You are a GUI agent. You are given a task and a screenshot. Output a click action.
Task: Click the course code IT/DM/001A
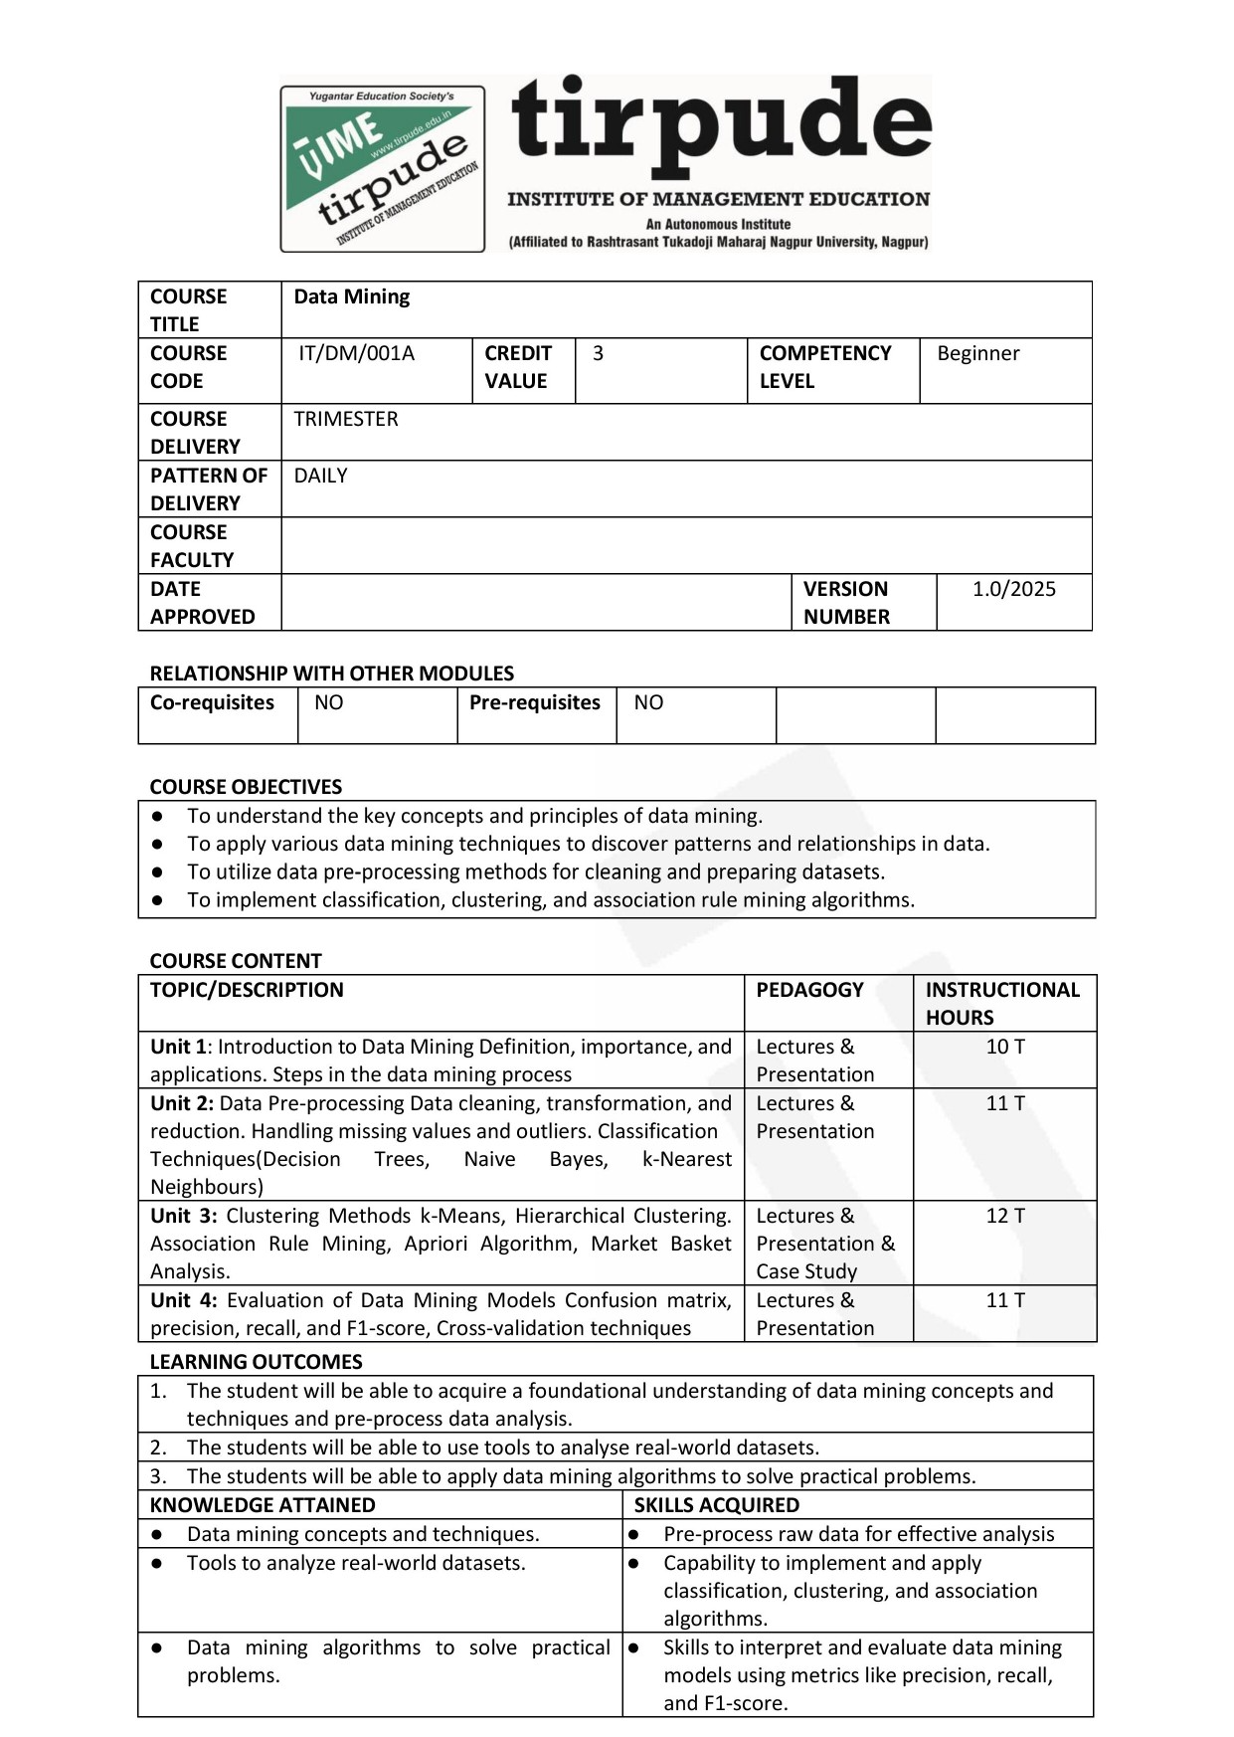click(356, 354)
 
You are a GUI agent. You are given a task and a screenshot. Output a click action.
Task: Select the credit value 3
click(598, 354)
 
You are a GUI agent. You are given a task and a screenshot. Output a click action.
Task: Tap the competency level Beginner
click(977, 354)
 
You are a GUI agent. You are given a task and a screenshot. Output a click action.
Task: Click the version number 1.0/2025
click(1013, 589)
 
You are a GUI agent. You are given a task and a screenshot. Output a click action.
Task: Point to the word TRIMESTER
click(345, 419)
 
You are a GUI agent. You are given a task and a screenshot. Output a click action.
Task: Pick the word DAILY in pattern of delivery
click(320, 476)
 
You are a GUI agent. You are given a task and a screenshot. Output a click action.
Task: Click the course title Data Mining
click(351, 296)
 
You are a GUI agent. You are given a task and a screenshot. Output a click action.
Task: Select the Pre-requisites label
click(534, 702)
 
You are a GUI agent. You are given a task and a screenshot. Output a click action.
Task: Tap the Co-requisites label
click(212, 702)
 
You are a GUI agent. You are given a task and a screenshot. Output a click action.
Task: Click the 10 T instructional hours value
click(1004, 1047)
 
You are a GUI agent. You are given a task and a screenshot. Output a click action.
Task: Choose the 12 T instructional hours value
click(1004, 1216)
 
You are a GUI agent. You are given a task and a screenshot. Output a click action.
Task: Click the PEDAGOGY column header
click(809, 990)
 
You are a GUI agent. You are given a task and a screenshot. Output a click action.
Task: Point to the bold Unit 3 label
click(183, 1216)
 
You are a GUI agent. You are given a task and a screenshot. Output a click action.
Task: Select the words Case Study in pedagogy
click(805, 1271)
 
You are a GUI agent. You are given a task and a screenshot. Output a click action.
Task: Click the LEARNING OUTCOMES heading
click(256, 1362)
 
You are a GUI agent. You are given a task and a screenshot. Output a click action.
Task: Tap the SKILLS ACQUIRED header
click(716, 1505)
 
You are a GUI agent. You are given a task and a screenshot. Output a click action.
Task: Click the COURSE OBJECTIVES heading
click(246, 787)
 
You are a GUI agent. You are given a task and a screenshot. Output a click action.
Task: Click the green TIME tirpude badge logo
click(383, 168)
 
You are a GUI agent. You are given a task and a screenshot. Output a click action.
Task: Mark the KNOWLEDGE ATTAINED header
click(263, 1505)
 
